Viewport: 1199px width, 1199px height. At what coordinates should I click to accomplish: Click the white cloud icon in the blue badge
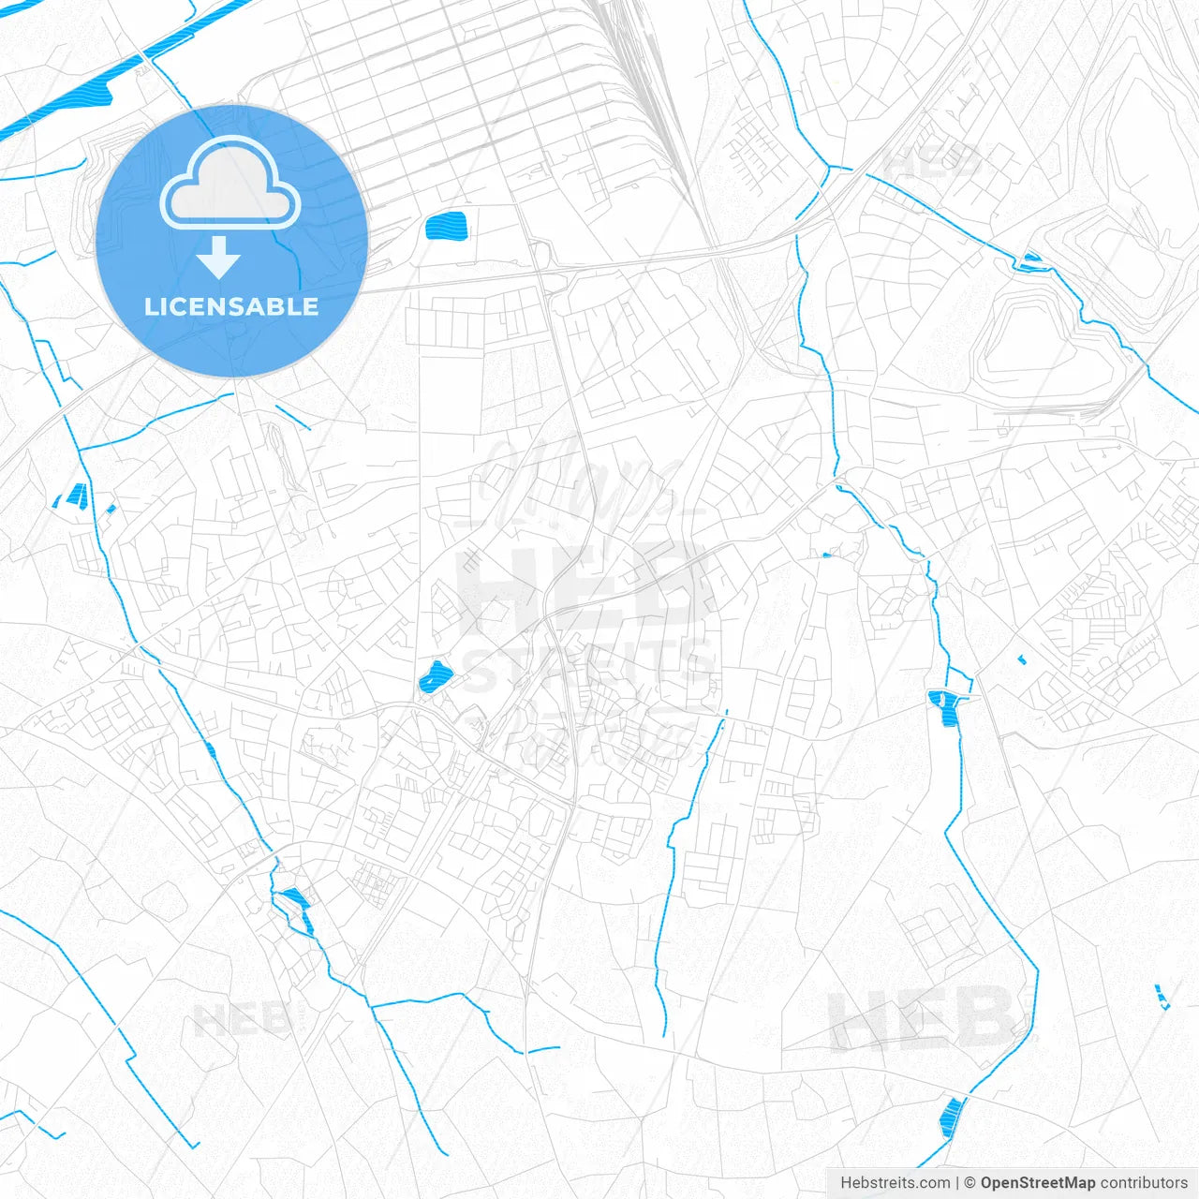(x=230, y=185)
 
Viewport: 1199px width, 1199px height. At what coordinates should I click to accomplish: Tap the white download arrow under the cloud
(x=218, y=258)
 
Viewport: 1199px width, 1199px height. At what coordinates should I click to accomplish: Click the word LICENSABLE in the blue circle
(x=230, y=306)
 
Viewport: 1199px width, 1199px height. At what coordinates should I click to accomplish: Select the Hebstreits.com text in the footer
(x=896, y=1183)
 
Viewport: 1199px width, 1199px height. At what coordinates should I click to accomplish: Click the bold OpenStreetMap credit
(x=1038, y=1183)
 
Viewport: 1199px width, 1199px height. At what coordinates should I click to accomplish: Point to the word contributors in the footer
(x=1144, y=1183)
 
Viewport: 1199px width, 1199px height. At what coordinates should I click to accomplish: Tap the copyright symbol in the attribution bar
(x=970, y=1183)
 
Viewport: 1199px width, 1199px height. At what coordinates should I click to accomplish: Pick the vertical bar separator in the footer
(x=957, y=1183)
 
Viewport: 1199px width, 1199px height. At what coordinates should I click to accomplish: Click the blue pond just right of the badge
(x=446, y=227)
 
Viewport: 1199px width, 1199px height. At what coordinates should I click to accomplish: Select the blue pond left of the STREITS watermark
(x=434, y=676)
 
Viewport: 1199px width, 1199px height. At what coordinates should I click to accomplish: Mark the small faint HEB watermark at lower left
(x=242, y=1019)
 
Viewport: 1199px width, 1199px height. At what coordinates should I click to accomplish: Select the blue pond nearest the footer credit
(x=951, y=1117)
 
